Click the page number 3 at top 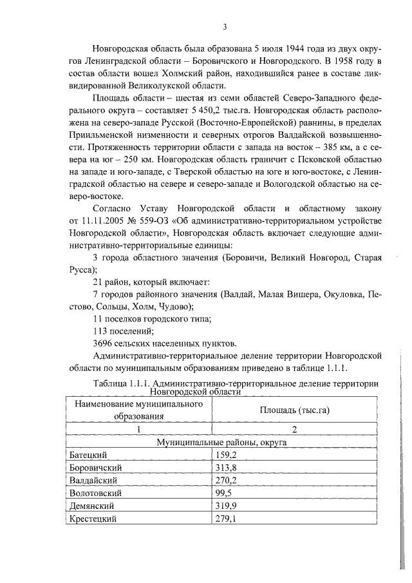225,26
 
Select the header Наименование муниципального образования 140,410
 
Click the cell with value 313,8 225,468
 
